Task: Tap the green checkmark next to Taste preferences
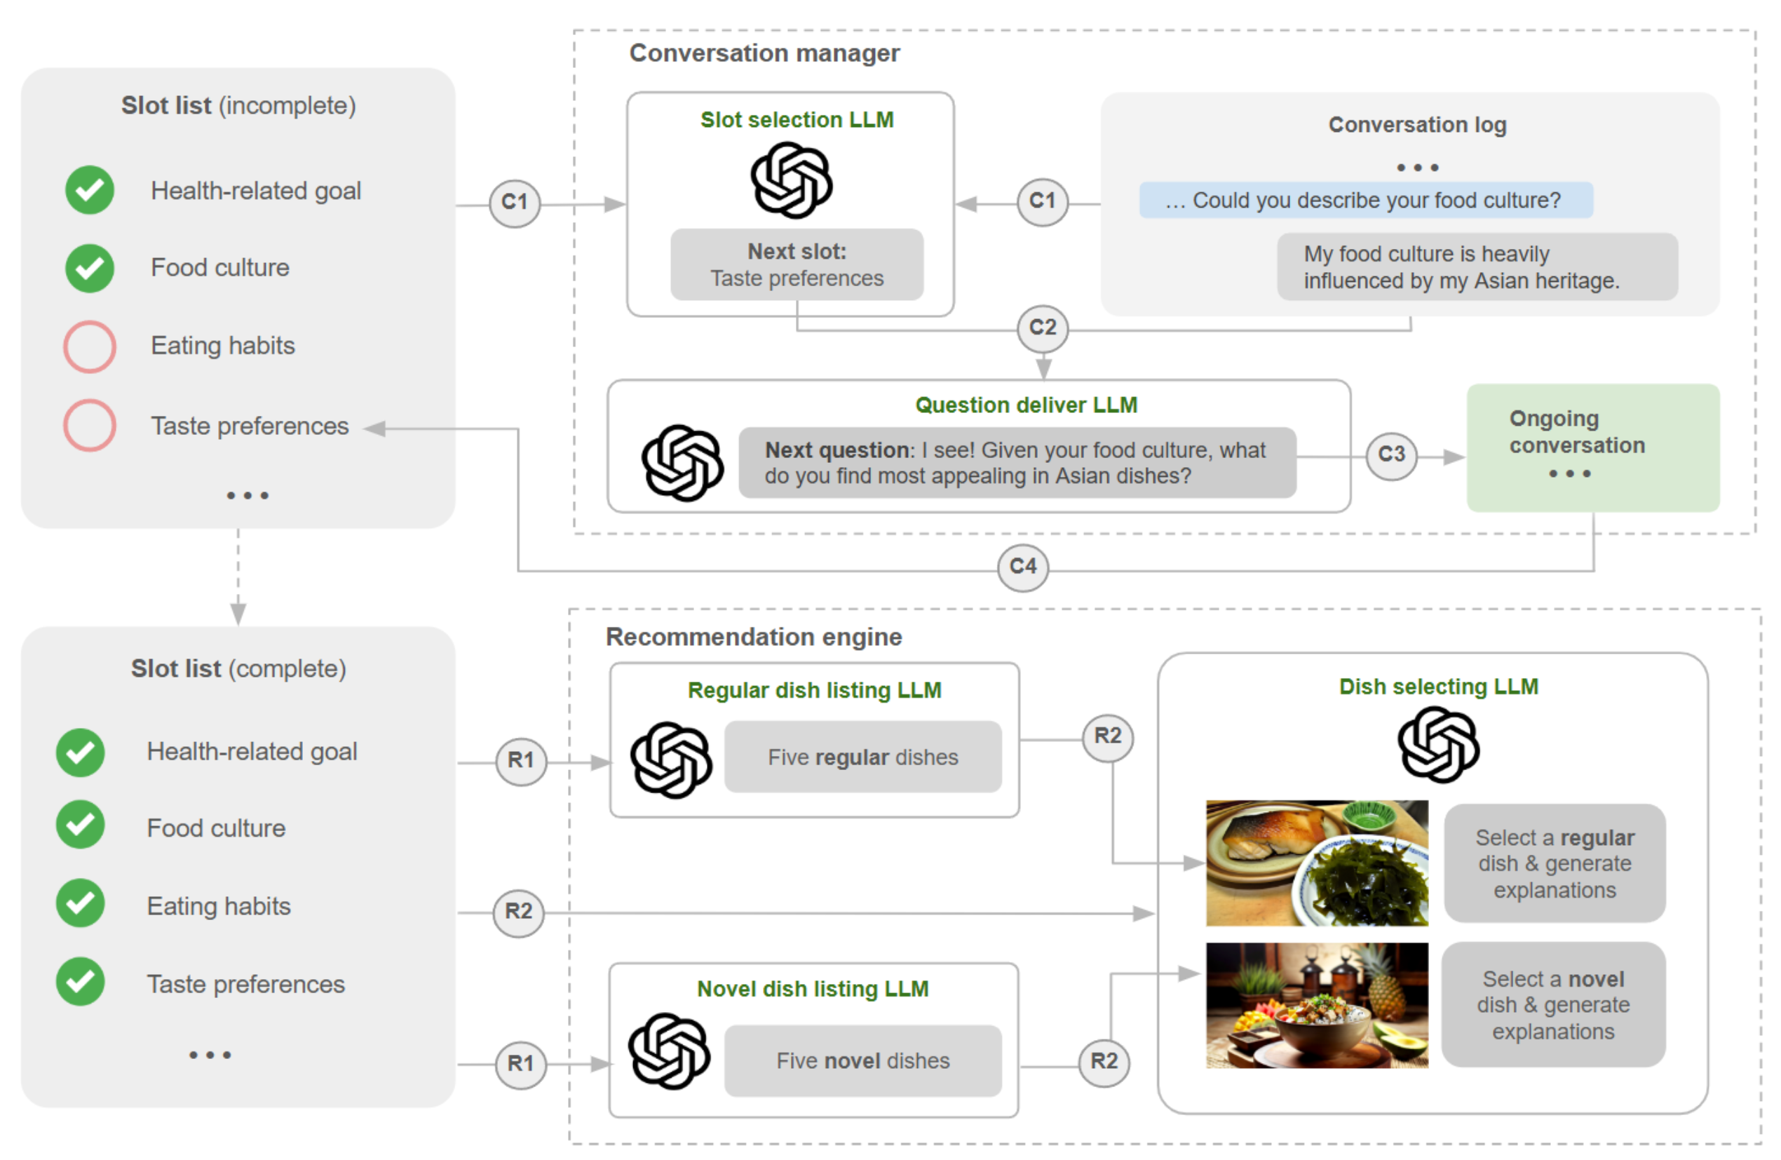(x=80, y=982)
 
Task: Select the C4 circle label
(x=1023, y=567)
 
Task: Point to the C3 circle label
(x=1391, y=454)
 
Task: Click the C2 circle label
(x=1043, y=328)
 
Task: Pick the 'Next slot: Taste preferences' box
(x=797, y=265)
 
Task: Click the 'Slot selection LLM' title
(x=797, y=120)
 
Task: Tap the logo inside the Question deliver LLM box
(x=682, y=462)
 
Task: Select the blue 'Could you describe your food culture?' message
(x=1366, y=201)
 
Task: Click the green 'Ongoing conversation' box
(x=1593, y=447)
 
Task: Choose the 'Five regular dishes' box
(x=863, y=757)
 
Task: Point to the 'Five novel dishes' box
(x=863, y=1060)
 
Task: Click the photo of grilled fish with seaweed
(x=1317, y=863)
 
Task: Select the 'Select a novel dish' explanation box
(x=1554, y=1004)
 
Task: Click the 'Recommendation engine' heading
(x=754, y=637)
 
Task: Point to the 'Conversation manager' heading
(x=764, y=53)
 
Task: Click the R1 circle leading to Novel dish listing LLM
(x=521, y=1063)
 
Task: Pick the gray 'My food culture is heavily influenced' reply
(x=1477, y=267)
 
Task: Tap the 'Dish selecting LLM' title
(x=1438, y=687)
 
